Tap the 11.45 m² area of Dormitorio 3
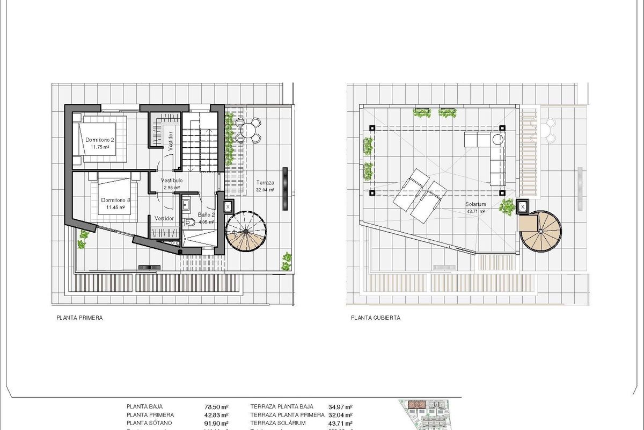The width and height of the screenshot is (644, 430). pos(115,207)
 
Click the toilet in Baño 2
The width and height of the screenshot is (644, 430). pos(189,223)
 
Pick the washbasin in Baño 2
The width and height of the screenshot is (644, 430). pos(186,204)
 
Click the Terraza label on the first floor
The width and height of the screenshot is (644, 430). pos(265,182)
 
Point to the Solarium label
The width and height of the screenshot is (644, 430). pos(476,205)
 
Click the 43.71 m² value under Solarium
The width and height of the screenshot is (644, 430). pos(476,212)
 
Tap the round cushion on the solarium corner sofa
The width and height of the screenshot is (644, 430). pos(497,140)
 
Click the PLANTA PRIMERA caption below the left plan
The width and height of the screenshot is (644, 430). pos(79,318)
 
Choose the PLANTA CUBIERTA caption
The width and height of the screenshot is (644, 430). pos(376,318)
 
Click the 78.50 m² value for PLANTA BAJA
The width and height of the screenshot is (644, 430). pos(217,407)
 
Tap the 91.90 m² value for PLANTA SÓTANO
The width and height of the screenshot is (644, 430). pos(217,423)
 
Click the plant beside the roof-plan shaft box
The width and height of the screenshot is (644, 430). pos(507,206)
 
